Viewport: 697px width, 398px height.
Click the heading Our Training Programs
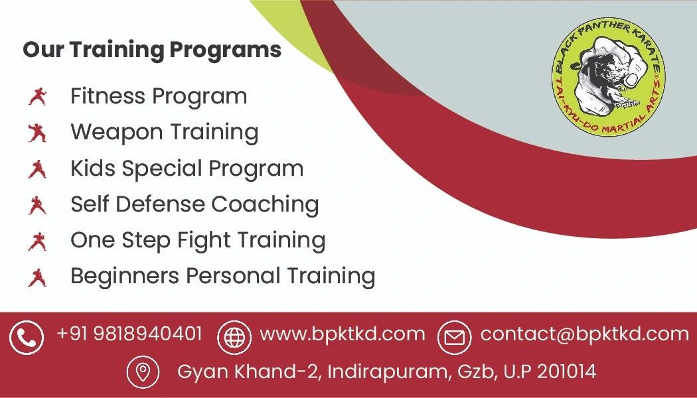(152, 50)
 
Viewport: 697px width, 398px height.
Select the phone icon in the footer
(27, 338)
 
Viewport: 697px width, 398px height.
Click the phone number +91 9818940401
(129, 334)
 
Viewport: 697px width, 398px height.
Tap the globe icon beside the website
(234, 338)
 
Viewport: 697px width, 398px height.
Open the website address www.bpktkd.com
(342, 334)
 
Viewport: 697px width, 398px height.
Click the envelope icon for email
(454, 338)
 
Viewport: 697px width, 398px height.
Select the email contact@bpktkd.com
(584, 334)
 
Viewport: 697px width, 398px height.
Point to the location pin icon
(143, 371)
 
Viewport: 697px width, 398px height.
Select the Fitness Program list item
(159, 97)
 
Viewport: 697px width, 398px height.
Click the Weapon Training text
(165, 132)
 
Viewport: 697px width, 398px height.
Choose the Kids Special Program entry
(187, 168)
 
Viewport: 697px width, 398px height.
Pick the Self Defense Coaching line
(194, 204)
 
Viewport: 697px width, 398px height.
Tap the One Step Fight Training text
(198, 239)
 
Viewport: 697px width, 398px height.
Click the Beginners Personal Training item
(222, 275)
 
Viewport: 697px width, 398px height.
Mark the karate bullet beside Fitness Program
(37, 98)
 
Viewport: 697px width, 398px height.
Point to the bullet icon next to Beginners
(37, 277)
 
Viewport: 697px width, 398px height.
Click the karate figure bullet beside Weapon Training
(37, 133)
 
